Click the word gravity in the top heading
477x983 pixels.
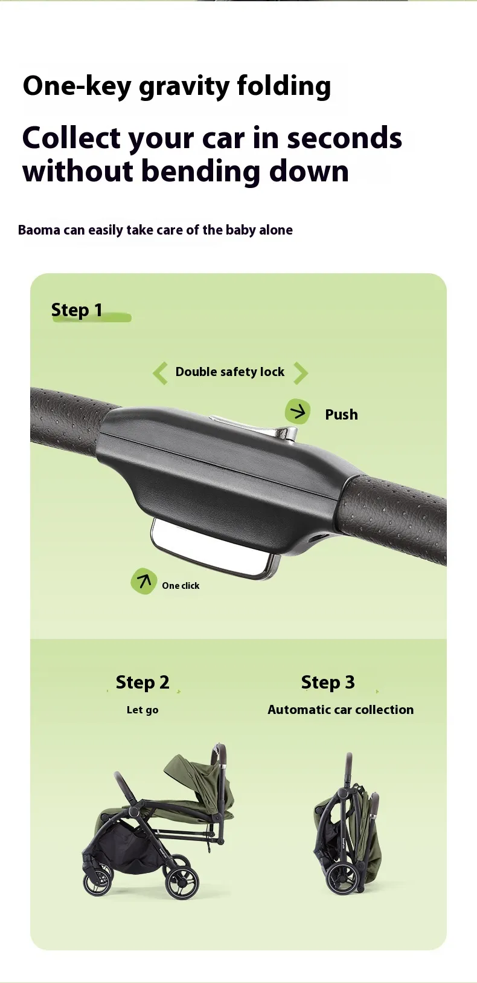(184, 86)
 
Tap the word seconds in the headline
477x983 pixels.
(344, 137)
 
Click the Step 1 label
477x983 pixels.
(77, 310)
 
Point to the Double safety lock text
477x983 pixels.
(229, 372)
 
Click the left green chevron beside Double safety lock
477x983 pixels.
(160, 373)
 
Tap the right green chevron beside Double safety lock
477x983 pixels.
(300, 373)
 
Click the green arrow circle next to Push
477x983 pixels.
(298, 412)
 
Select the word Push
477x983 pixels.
(341, 414)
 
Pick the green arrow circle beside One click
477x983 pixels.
(144, 582)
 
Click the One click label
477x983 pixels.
(181, 585)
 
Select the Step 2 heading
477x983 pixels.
(142, 683)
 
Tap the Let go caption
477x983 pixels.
(142, 710)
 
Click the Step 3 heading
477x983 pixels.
(328, 683)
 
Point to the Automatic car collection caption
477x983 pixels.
(341, 710)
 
